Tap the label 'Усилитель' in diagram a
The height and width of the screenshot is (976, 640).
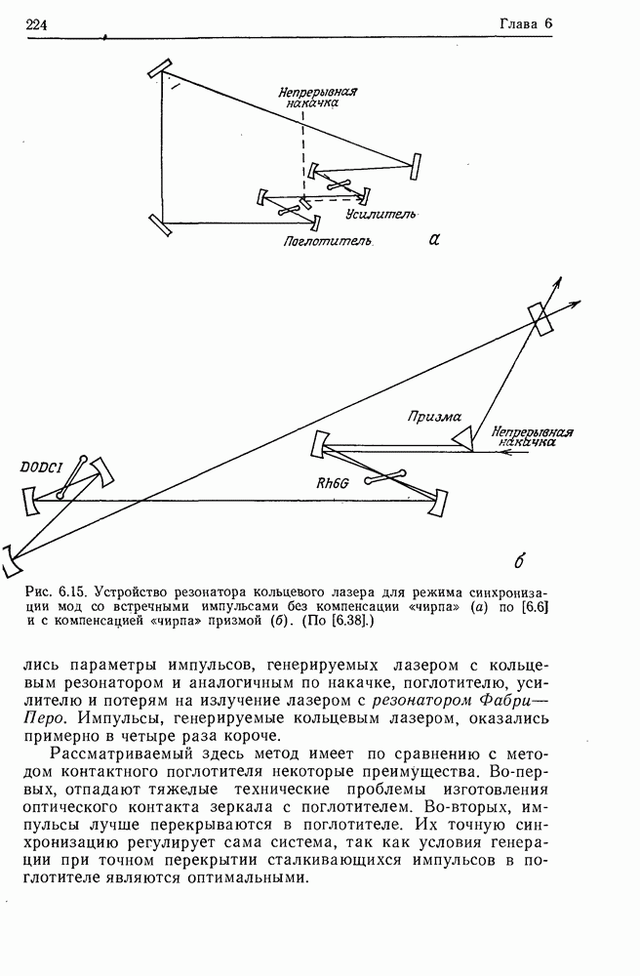pyautogui.click(x=381, y=213)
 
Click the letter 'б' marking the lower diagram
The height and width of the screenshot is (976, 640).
pyautogui.click(x=519, y=561)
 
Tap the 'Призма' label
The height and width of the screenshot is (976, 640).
pyautogui.click(x=433, y=416)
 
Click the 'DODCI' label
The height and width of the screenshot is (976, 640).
pyautogui.click(x=41, y=468)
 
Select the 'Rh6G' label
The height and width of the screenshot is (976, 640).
pyautogui.click(x=333, y=481)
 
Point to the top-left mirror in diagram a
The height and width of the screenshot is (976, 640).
pyautogui.click(x=161, y=67)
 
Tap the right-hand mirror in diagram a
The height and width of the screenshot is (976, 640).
pyautogui.click(x=416, y=167)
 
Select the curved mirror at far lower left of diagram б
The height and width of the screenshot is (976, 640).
pyautogui.click(x=11, y=561)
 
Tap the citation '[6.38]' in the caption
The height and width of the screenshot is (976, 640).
pyautogui.click(x=335, y=620)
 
